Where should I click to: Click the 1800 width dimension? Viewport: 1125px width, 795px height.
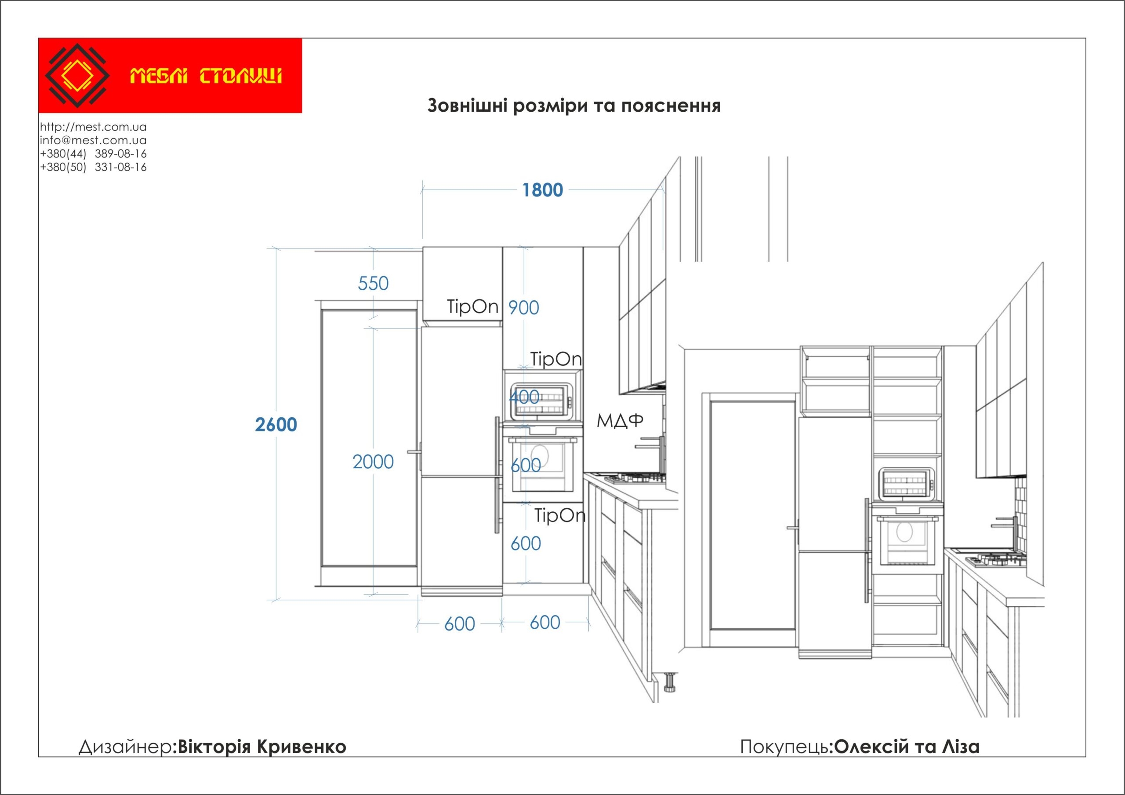(542, 190)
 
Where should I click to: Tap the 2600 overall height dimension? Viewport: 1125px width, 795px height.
(276, 424)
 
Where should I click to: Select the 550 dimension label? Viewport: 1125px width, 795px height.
(373, 283)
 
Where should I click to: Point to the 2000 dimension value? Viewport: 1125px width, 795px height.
(373, 462)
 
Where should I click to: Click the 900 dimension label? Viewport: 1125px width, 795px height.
(523, 308)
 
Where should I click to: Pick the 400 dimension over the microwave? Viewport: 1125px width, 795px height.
(524, 397)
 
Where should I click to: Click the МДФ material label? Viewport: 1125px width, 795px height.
(619, 420)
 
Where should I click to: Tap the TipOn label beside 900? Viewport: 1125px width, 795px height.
(472, 307)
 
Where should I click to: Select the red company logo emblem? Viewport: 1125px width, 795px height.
(77, 76)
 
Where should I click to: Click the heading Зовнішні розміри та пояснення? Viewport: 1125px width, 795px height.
(574, 106)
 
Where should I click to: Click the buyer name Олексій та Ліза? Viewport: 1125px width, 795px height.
(907, 747)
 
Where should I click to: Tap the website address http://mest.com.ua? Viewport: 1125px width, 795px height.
(93, 127)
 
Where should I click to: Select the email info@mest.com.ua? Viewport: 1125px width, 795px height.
(93, 140)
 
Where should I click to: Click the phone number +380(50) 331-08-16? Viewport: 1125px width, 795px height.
(93, 167)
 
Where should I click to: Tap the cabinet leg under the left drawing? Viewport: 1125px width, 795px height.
(669, 683)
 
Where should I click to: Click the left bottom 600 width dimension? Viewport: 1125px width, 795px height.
(459, 624)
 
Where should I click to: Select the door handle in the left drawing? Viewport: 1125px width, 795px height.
(414, 452)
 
